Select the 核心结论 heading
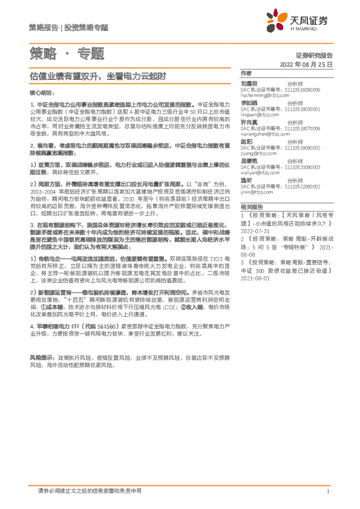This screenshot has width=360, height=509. tap(42, 92)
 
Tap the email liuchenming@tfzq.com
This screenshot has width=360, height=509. tap(263, 95)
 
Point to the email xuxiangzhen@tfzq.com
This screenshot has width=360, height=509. tap(264, 134)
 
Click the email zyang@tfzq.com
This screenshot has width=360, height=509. tap(257, 154)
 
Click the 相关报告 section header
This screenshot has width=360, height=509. tap(250, 207)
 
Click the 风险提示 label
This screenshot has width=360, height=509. tap(41, 357)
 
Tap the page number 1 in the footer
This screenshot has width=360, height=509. tap(327, 491)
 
